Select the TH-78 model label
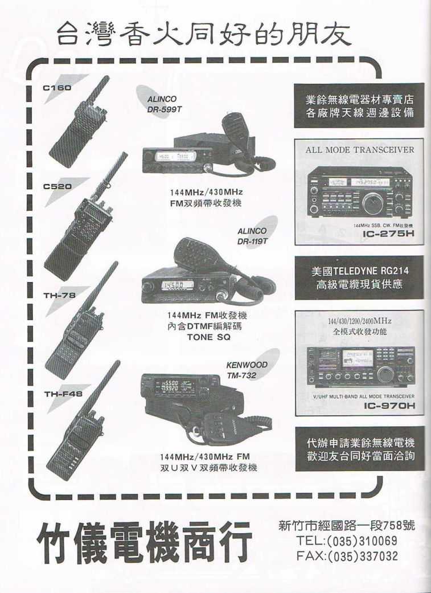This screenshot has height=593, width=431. pos(59,296)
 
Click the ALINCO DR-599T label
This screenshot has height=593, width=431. pos(161,104)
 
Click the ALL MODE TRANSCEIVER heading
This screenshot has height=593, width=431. pos(359,150)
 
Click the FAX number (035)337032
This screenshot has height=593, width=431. pos(347,556)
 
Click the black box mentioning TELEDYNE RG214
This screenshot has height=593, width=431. pos(359,277)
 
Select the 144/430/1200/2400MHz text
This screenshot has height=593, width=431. pos(359,321)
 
